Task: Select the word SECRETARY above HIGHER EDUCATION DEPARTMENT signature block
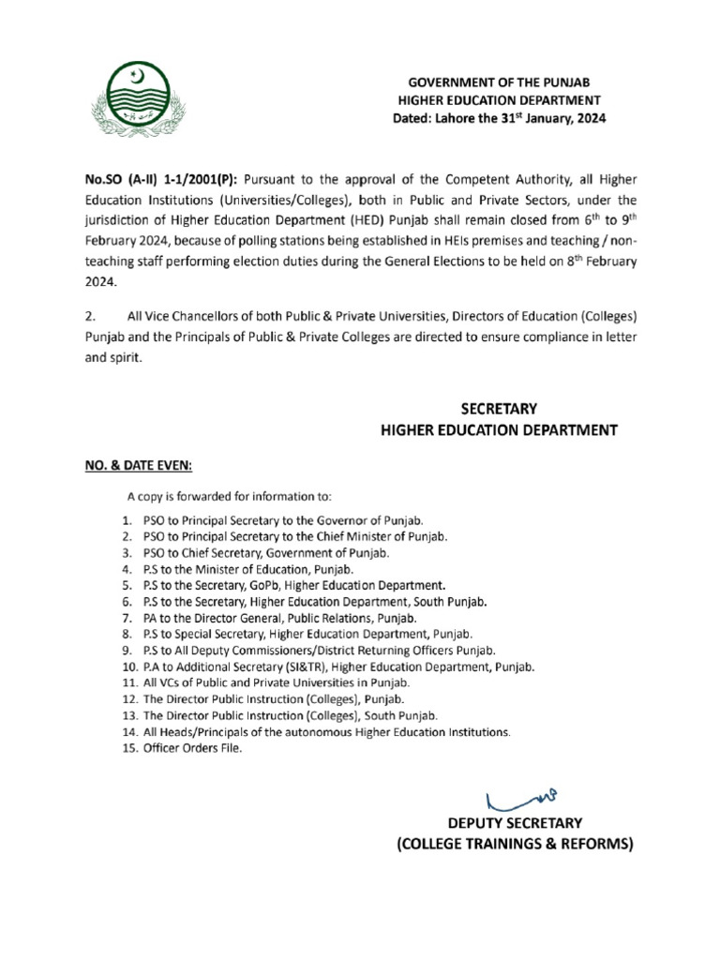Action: [x=498, y=409]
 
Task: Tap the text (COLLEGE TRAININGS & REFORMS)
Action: [x=512, y=845]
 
